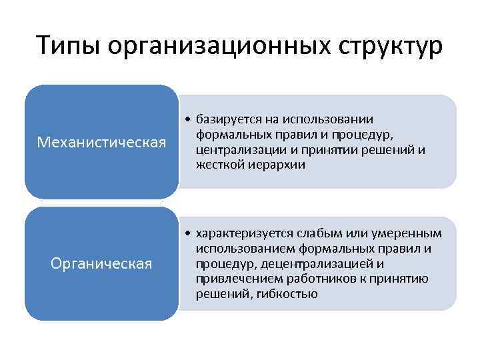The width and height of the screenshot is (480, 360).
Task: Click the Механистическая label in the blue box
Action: (x=102, y=142)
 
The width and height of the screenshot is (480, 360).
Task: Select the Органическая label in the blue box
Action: (x=102, y=264)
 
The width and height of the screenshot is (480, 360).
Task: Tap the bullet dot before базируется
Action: (x=189, y=119)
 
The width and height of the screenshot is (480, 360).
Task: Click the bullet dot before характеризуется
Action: (x=189, y=234)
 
